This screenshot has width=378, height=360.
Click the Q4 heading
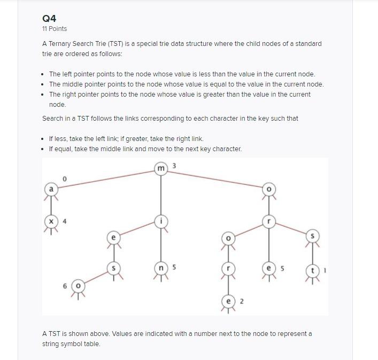[49, 18]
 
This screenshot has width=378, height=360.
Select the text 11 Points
[55, 29]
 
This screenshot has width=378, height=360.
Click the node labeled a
[51, 189]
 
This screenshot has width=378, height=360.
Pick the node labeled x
[51, 221]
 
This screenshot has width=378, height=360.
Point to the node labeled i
[161, 221]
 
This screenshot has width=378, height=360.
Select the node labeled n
[161, 267]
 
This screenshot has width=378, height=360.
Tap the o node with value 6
[78, 286]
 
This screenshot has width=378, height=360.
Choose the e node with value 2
[229, 301]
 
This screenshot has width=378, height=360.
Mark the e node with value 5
[269, 267]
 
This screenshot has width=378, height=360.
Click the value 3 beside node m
[174, 166]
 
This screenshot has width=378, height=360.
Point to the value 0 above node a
[64, 179]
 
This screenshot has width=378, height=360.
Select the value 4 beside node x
[65, 221]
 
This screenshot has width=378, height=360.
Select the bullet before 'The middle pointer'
[42, 84]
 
